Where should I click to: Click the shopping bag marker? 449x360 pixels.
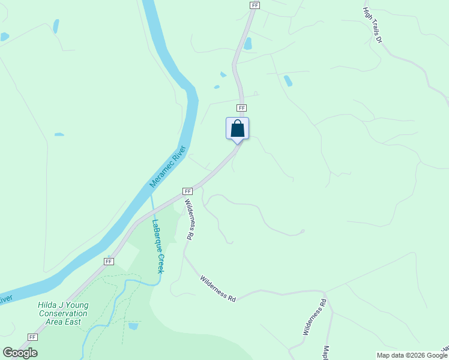coord(237,128)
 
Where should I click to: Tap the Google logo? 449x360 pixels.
coord(20,353)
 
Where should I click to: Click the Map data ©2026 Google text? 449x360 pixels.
coord(412,355)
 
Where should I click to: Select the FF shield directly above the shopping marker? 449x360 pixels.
coord(241,108)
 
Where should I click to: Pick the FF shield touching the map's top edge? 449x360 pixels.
coord(255,5)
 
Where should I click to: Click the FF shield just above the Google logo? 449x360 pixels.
coord(32,337)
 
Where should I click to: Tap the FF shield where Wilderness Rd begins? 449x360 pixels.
coord(187,191)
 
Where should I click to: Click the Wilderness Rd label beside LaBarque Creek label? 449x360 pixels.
coord(189,220)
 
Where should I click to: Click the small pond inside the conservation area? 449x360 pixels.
coord(133,326)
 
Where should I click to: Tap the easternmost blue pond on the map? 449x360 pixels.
coord(288,80)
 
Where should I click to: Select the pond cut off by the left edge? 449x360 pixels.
coord(4,37)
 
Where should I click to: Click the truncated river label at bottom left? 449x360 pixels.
coord(6,298)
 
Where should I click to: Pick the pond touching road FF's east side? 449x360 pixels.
coord(247,43)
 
